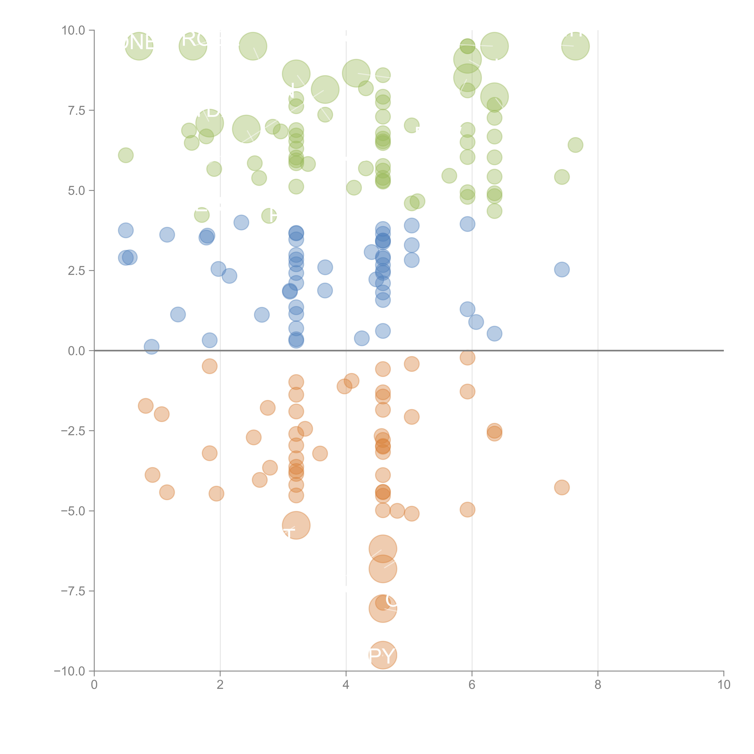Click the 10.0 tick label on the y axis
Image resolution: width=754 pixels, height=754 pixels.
pyautogui.click(x=73, y=30)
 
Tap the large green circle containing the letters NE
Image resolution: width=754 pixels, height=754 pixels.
pyautogui.click(x=139, y=46)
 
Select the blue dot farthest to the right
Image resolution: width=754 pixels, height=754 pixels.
pyautogui.click(x=562, y=269)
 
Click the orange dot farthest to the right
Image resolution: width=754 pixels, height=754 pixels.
pyautogui.click(x=562, y=487)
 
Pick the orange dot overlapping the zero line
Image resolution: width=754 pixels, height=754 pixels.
pyautogui.click(x=467, y=357)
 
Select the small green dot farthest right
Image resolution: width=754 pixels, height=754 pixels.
pyautogui.click(x=575, y=145)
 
